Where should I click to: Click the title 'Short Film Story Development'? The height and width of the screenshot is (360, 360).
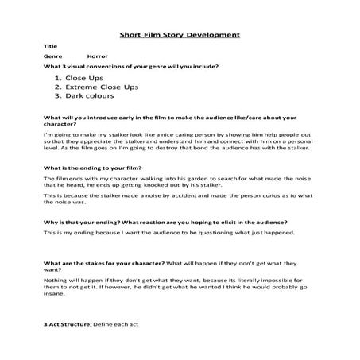coord(179,35)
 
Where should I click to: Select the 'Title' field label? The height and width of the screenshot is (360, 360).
coord(51,47)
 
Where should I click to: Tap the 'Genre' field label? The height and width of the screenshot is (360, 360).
coord(53,58)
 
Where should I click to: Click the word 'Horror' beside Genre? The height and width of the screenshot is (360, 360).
coord(98,58)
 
